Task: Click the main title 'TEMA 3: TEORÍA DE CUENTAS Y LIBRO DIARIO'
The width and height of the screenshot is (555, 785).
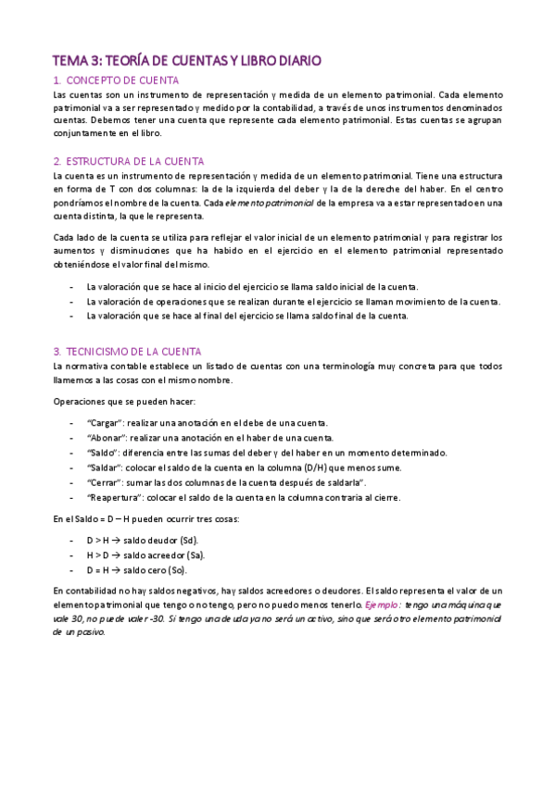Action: [x=187, y=61]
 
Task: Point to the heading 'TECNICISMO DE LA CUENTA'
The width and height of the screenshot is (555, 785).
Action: [x=141, y=352]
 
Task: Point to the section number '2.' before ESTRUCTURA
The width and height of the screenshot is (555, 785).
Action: [x=57, y=161]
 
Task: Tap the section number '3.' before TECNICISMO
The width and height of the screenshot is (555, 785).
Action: [x=57, y=352]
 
